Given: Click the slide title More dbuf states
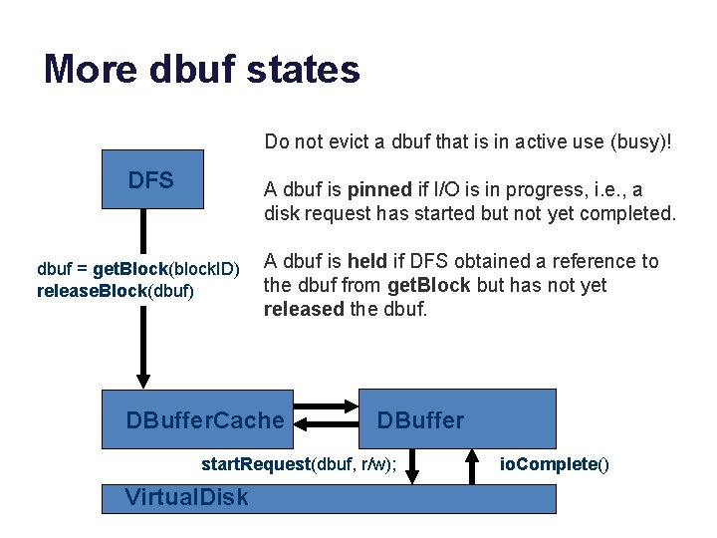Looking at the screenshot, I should [x=202, y=69].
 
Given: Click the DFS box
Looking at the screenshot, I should [x=151, y=179].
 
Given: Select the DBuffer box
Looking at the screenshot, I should [x=457, y=419].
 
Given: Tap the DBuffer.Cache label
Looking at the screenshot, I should [x=205, y=420].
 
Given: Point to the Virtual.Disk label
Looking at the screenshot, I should [x=187, y=497].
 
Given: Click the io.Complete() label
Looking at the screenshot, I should [x=555, y=464].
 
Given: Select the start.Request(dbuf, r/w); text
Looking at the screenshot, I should [x=299, y=464].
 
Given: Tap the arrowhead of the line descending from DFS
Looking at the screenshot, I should [x=143, y=379].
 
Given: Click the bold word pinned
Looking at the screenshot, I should [x=379, y=189].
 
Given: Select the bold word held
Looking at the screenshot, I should [x=366, y=261].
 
